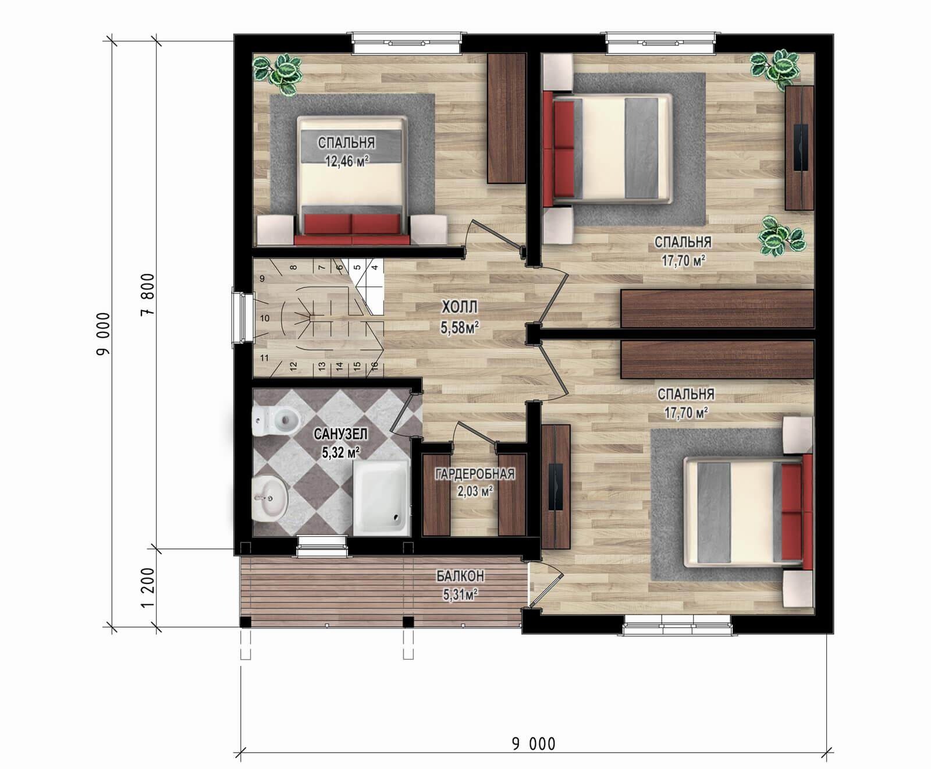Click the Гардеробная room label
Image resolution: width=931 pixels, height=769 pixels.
click(x=475, y=474)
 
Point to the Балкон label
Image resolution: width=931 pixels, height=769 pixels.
click(x=460, y=576)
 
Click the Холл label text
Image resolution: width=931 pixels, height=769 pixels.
click(x=460, y=307)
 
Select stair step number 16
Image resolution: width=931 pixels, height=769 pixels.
click(x=375, y=366)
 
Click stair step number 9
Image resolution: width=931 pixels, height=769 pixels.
click(x=262, y=279)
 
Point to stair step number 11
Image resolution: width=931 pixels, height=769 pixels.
click(x=265, y=358)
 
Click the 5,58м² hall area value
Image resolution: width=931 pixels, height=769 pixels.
click(x=460, y=328)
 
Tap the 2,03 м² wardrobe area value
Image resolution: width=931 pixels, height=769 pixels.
click(x=475, y=491)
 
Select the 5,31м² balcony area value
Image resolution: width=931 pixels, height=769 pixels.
click(x=460, y=594)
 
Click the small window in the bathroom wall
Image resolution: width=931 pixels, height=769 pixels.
click(x=323, y=542)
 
